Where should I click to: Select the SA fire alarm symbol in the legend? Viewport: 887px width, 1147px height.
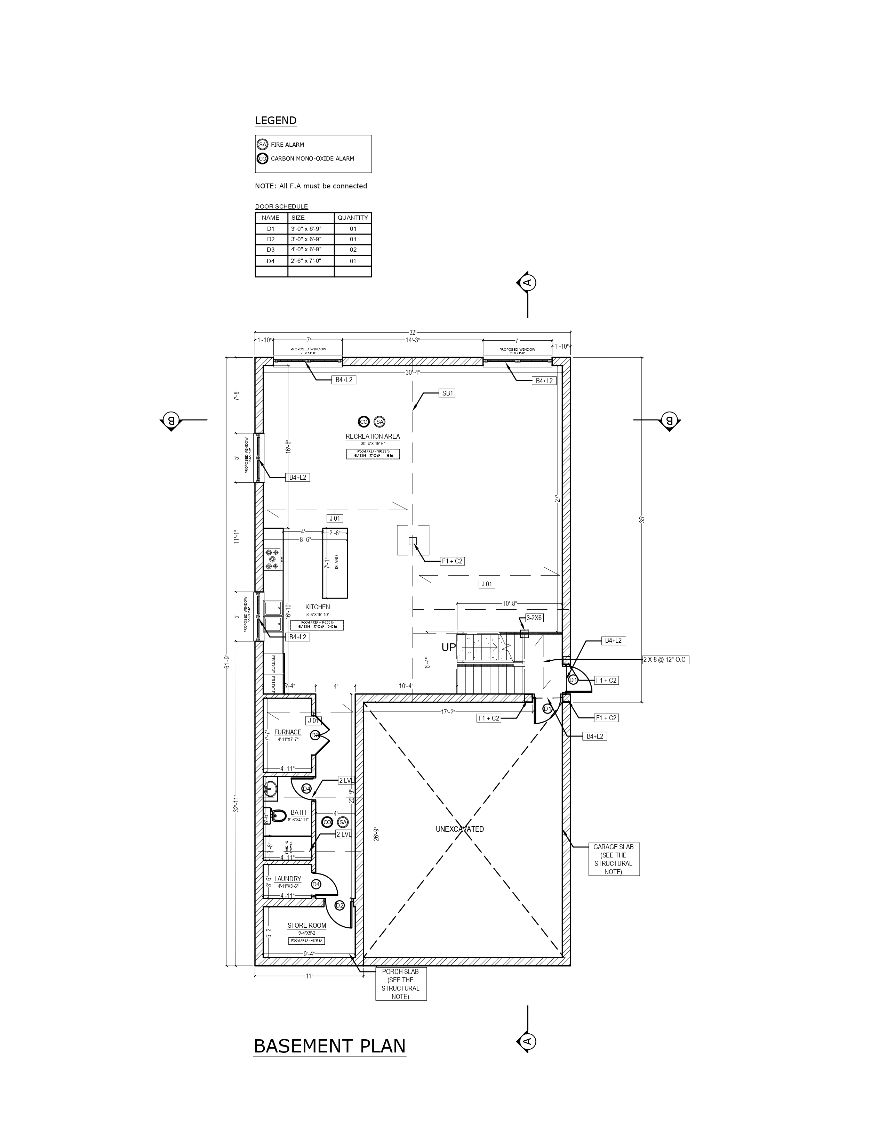click(x=262, y=145)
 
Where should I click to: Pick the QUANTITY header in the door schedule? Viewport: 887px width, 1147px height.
click(x=353, y=218)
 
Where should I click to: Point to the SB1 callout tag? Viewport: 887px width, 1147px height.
click(x=447, y=393)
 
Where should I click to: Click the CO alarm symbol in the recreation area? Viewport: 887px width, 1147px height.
click(x=363, y=421)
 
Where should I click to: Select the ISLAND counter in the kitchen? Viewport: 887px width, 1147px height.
click(x=335, y=562)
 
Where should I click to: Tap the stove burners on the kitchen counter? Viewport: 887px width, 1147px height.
click(x=273, y=559)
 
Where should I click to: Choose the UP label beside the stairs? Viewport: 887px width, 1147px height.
click(x=448, y=648)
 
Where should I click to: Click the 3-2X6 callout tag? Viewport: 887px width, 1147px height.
click(x=534, y=618)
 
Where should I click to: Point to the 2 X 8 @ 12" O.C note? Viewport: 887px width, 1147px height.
click(x=665, y=660)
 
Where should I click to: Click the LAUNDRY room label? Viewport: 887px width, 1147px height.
click(x=287, y=879)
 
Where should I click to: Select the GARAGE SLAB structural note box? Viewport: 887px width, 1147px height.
click(x=613, y=859)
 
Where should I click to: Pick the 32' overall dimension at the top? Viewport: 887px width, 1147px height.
click(x=413, y=332)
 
